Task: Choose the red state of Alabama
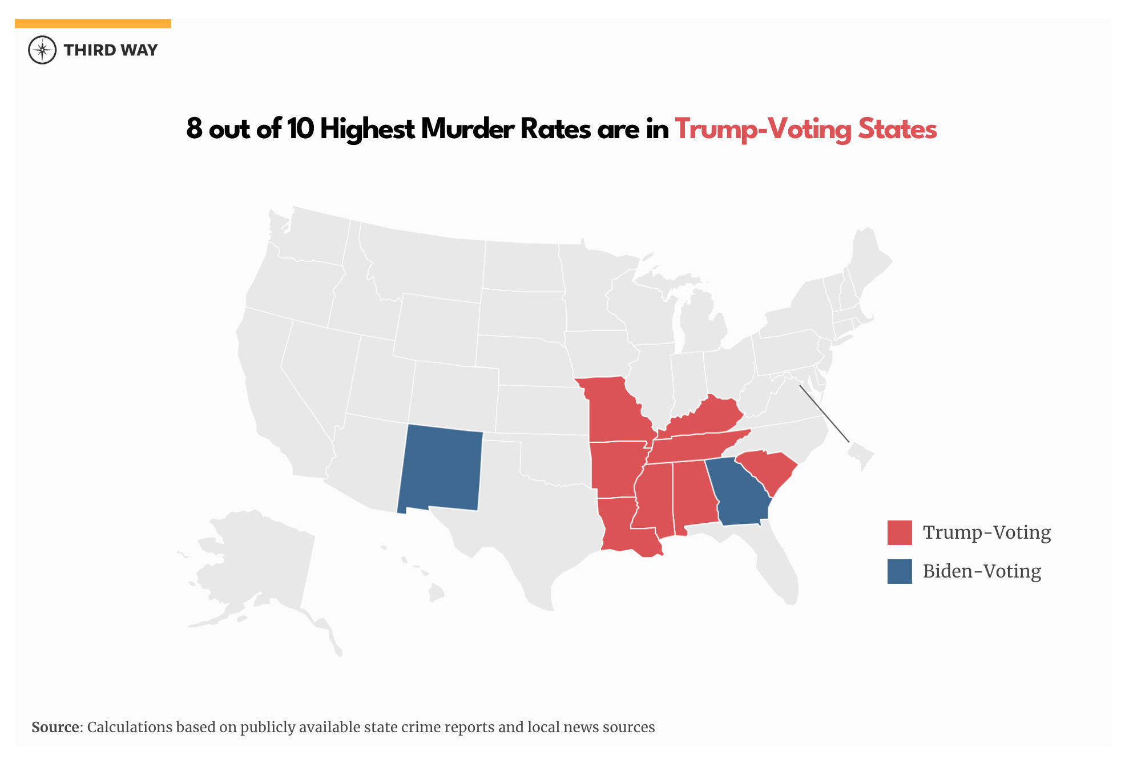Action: click(x=693, y=494)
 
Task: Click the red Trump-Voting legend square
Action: click(x=900, y=532)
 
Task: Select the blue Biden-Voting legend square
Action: click(x=900, y=571)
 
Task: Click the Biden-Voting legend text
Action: click(x=982, y=571)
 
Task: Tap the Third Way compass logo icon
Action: click(x=42, y=50)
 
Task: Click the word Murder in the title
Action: click(x=468, y=129)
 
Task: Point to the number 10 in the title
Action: click(x=300, y=129)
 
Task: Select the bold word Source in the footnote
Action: click(x=55, y=727)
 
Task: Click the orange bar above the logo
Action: click(x=92, y=23)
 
